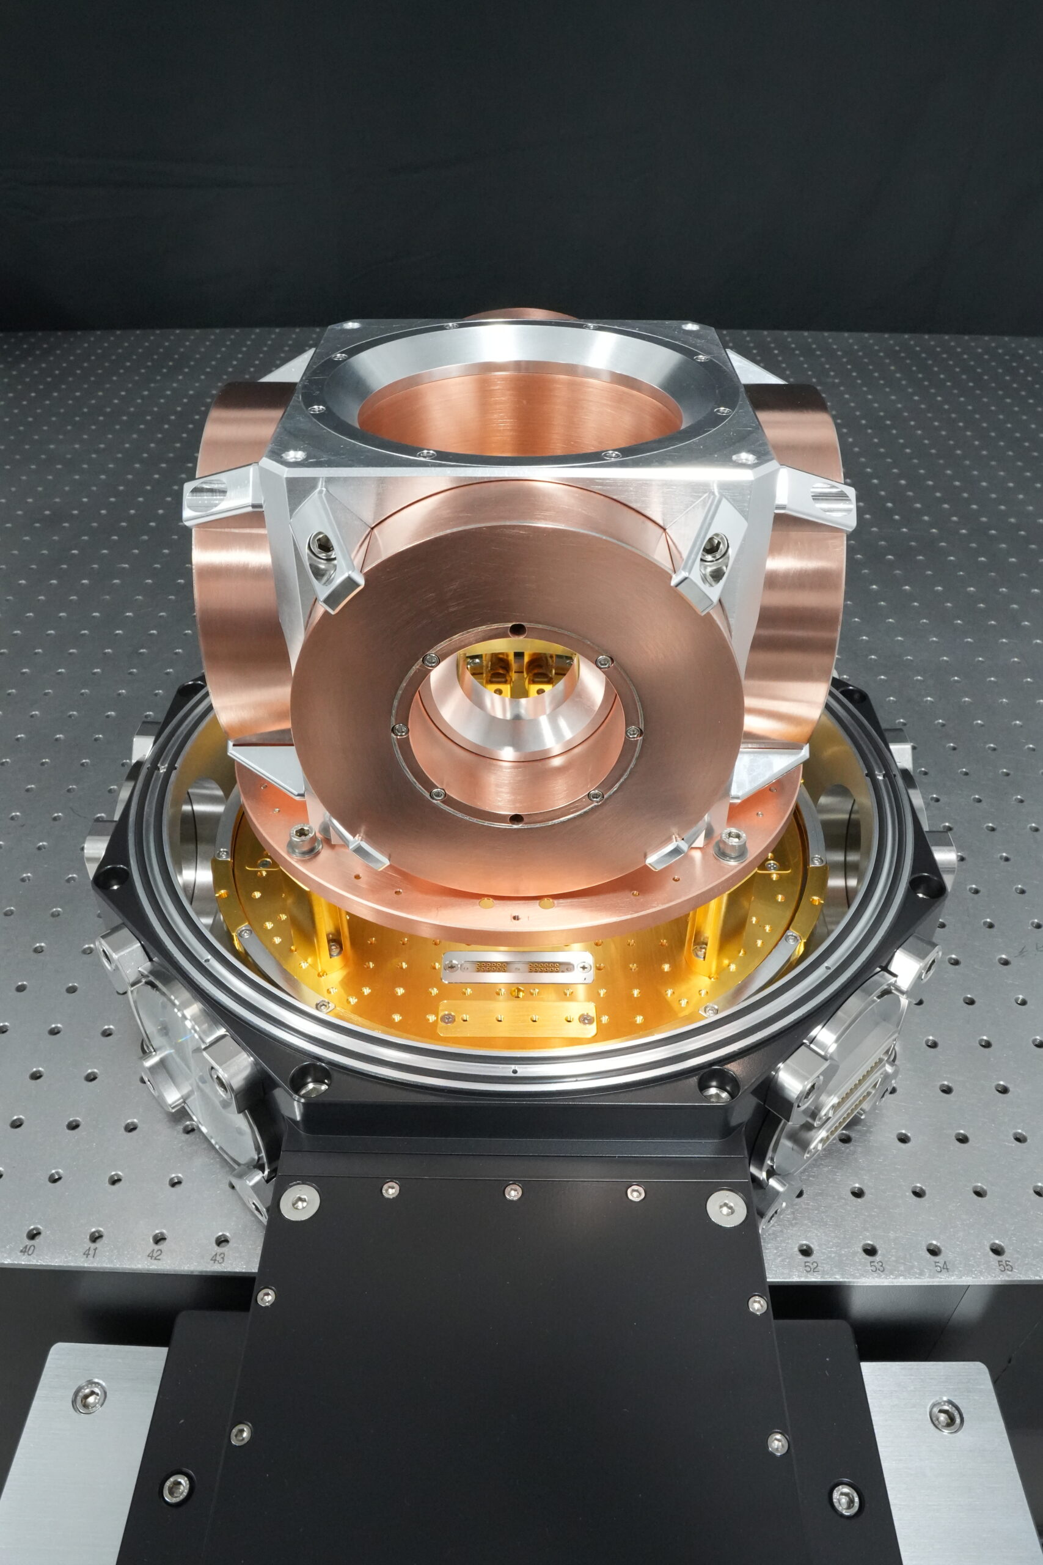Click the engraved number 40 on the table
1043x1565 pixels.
click(27, 1250)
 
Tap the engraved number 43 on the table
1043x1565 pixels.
click(218, 1258)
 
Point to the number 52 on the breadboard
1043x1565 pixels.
click(811, 1267)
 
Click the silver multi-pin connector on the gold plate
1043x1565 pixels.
click(517, 965)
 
